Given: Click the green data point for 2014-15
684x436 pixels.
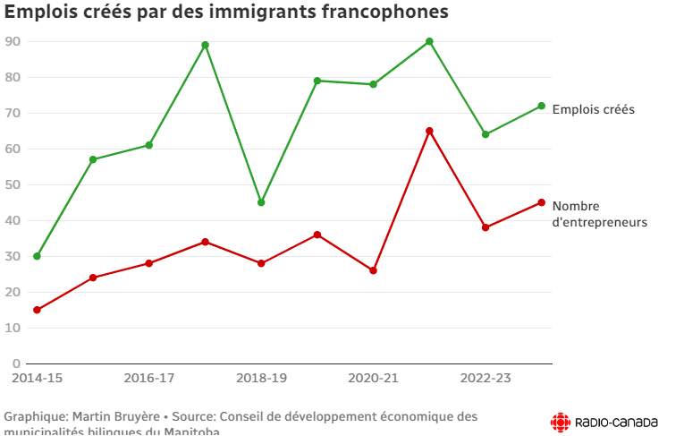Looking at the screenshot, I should coord(37,256).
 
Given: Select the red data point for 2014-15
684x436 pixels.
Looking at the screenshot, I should coord(37,310).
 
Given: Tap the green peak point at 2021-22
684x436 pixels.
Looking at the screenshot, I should coord(429,41).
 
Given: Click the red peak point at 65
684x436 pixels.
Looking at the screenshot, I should coord(429,131).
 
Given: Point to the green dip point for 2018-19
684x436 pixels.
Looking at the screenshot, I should coord(261,202).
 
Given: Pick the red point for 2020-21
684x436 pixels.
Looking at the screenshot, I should coord(373,270).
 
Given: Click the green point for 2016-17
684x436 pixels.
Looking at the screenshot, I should coord(149,145).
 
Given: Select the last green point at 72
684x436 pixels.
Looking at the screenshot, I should coord(541,106).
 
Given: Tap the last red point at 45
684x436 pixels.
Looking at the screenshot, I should coord(541,202).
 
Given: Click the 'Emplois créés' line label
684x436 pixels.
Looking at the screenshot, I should coord(593,109).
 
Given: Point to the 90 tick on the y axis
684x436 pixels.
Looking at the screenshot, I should coord(13,41).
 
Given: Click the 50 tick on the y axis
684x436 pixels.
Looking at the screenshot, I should coord(13,184).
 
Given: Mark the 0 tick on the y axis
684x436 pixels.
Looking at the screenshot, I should coord(16,363).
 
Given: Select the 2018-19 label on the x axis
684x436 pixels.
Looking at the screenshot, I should coord(261,378).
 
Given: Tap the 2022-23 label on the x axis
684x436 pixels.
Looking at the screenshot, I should coord(486,378).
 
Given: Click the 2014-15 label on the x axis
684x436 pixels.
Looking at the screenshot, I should coord(37,378).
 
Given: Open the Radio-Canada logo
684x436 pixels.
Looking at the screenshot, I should coord(604,421).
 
